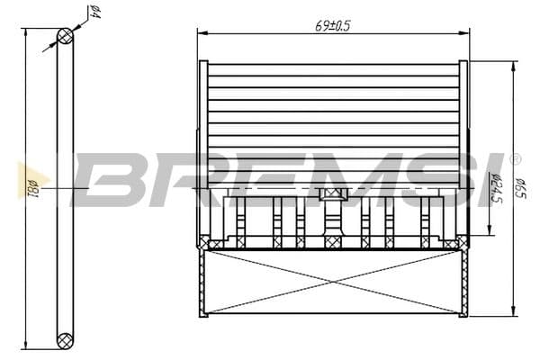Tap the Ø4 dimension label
pyautogui.click(x=93, y=13)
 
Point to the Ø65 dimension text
pyautogui.click(x=520, y=190)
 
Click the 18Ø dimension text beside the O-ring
pyautogui.click(x=32, y=189)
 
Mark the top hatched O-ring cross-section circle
pyautogui.click(x=65, y=36)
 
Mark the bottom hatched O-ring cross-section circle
pyautogui.click(x=65, y=340)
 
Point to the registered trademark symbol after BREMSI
pyautogui.click(x=515, y=159)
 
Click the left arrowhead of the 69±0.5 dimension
pyautogui.click(x=202, y=34)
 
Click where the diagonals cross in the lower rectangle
pyautogui.click(x=333, y=283)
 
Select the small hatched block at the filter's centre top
pyautogui.click(x=333, y=194)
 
